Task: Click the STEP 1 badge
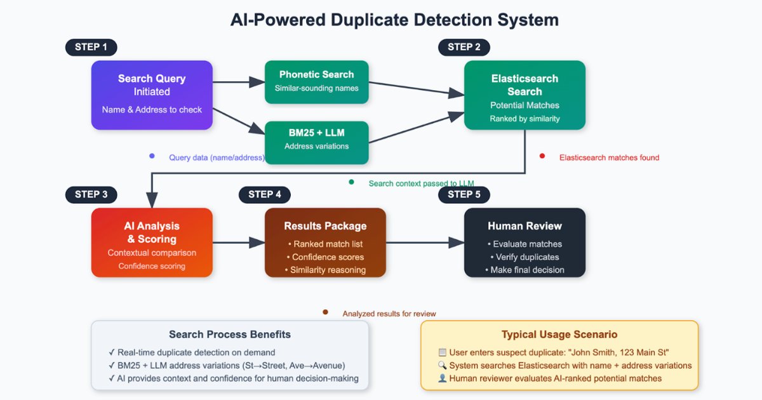(x=91, y=47)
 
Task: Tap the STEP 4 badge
(x=264, y=194)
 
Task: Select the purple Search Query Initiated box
(x=152, y=95)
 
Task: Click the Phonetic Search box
(x=316, y=81)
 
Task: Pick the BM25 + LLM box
(x=316, y=139)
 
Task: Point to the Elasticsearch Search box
(x=525, y=95)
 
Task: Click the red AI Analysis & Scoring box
(x=152, y=243)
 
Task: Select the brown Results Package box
(x=325, y=243)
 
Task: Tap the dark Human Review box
(x=525, y=243)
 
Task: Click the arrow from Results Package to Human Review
(x=425, y=243)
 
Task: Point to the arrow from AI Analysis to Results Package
(x=239, y=243)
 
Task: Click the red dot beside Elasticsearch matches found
(x=542, y=156)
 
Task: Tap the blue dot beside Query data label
(x=152, y=156)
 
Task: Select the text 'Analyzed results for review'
(x=389, y=314)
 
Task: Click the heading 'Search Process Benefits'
(x=230, y=335)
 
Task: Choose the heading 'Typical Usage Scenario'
(x=559, y=335)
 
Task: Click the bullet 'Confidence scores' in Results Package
(x=328, y=257)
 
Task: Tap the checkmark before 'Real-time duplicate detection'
(x=112, y=352)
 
